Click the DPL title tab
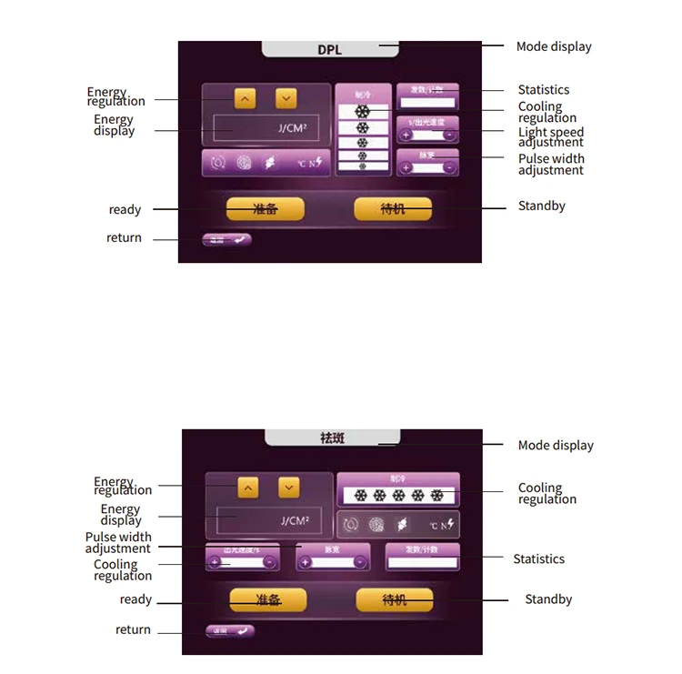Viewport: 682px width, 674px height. tap(330, 49)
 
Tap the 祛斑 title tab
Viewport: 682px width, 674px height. tap(332, 438)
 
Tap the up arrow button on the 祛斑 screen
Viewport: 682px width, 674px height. tap(247, 488)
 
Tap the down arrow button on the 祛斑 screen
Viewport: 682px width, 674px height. tap(288, 488)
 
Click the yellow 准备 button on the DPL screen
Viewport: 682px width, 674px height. tap(265, 208)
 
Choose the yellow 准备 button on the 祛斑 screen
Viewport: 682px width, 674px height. tap(268, 599)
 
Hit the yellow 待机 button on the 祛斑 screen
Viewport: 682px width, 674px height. tap(395, 599)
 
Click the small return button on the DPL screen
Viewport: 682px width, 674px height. tap(226, 240)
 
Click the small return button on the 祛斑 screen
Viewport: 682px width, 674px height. tap(229, 630)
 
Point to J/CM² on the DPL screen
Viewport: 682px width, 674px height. tap(293, 129)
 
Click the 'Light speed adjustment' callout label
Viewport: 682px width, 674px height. tap(551, 137)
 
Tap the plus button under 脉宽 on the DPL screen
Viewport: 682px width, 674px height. tap(406, 167)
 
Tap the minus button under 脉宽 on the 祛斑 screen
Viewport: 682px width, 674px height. tap(360, 562)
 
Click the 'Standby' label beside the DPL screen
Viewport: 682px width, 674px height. tap(542, 206)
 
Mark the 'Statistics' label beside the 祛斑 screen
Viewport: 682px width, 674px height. tap(538, 558)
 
